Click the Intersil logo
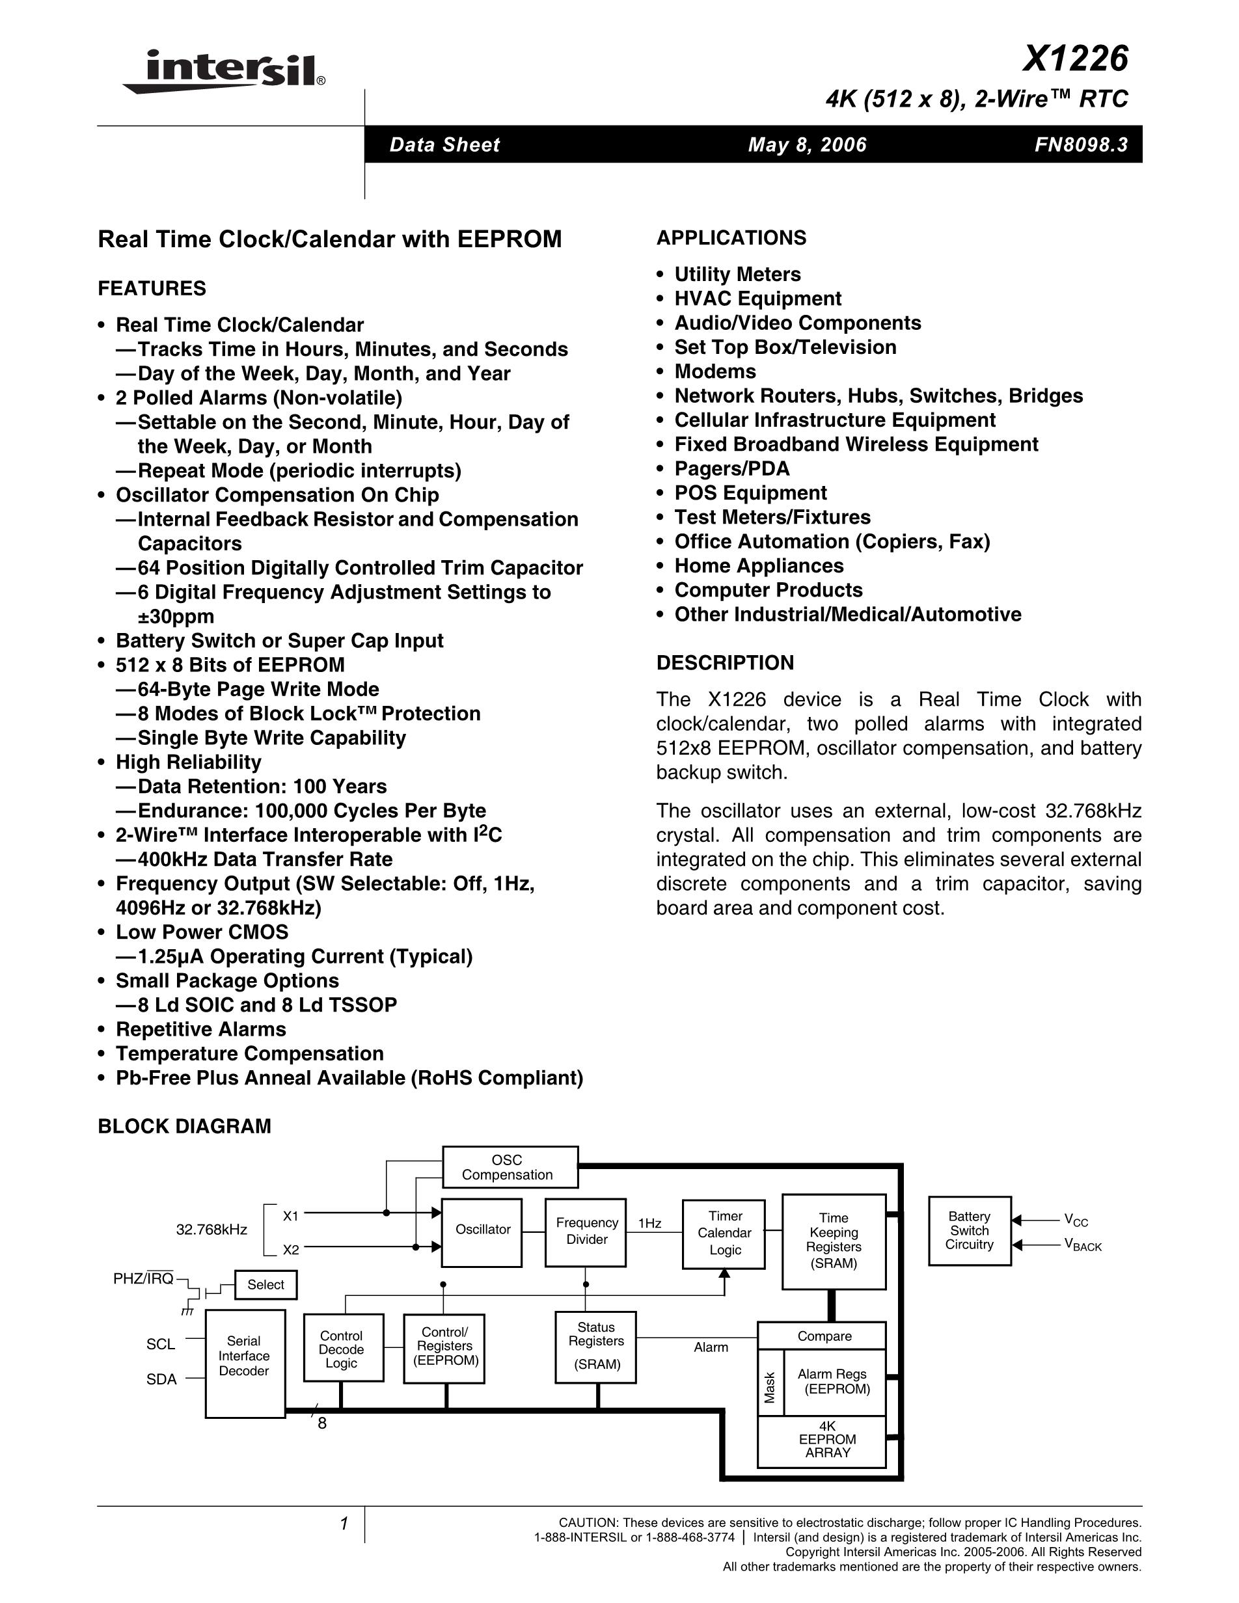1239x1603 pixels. click(x=224, y=71)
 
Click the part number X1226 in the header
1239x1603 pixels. click(x=1074, y=59)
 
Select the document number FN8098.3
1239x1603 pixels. click(x=1080, y=144)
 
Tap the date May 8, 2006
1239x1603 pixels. click(x=807, y=144)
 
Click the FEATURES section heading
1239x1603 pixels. click(x=152, y=288)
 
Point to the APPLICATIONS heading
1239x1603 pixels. click(x=731, y=238)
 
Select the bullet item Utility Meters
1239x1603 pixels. click(x=737, y=275)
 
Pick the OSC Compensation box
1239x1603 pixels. click(x=510, y=1167)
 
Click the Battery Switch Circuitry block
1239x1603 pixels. click(x=969, y=1231)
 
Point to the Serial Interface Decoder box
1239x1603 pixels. click(x=245, y=1356)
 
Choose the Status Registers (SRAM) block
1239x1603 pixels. click(x=595, y=1347)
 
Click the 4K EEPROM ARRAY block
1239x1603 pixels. click(x=826, y=1440)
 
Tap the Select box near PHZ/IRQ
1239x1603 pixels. click(x=265, y=1284)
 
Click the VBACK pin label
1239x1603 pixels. click(x=1083, y=1246)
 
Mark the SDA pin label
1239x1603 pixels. click(x=161, y=1379)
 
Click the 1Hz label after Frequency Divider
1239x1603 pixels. click(x=649, y=1224)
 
